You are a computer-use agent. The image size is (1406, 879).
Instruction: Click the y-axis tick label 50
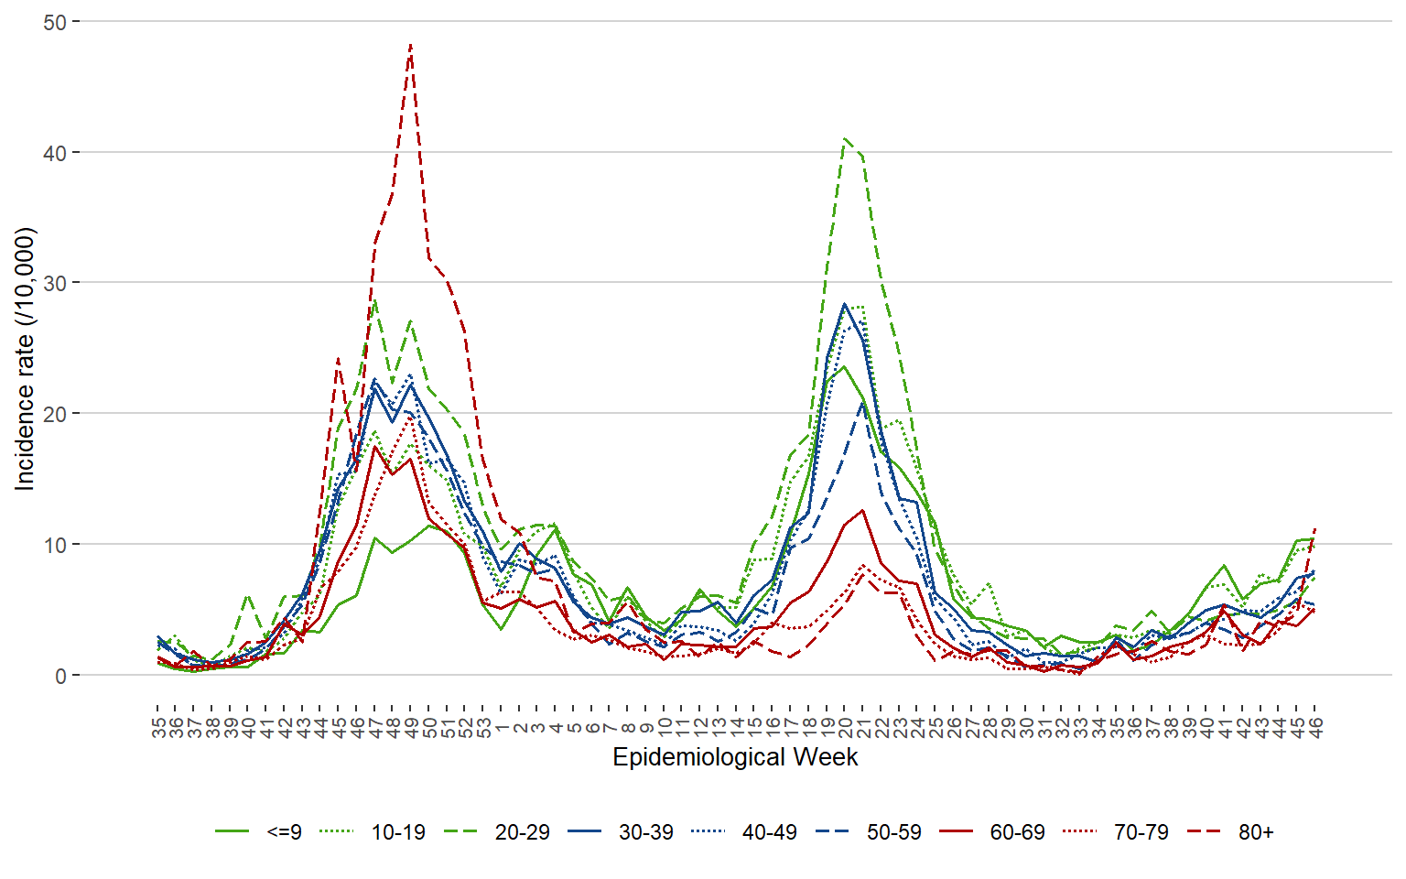tap(55, 22)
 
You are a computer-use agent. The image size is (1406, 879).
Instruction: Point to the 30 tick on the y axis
tap(55, 284)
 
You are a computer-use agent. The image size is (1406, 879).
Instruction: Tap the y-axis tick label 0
tap(61, 676)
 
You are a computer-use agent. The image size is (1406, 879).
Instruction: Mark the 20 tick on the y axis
tap(55, 414)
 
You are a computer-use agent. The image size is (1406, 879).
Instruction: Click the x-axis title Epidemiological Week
tap(735, 757)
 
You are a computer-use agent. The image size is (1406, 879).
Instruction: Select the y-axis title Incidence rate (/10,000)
tap(25, 359)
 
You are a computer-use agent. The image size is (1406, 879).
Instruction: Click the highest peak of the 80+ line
tap(411, 44)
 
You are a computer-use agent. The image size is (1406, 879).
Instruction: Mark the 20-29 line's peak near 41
tap(845, 138)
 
